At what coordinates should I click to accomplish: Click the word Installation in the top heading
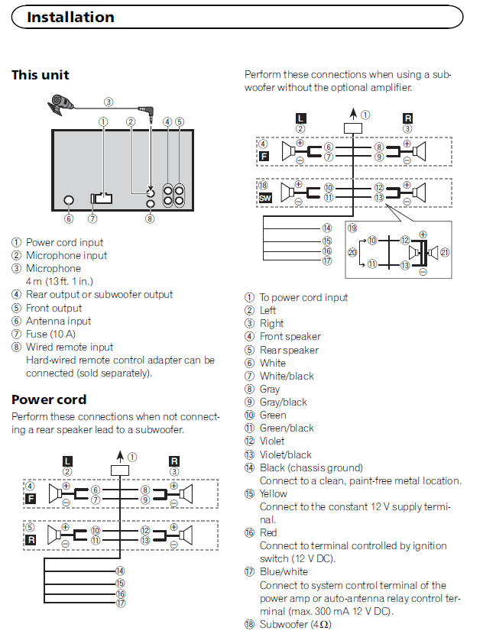click(70, 17)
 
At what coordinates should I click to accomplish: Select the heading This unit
click(40, 75)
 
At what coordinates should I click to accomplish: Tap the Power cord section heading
click(49, 399)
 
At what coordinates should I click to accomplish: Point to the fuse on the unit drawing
click(101, 199)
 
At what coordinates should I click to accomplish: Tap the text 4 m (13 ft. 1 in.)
click(68, 281)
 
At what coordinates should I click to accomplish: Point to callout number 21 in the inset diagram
click(446, 253)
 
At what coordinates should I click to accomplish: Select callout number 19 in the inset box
click(352, 228)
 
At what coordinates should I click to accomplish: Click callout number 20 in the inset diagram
click(352, 253)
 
